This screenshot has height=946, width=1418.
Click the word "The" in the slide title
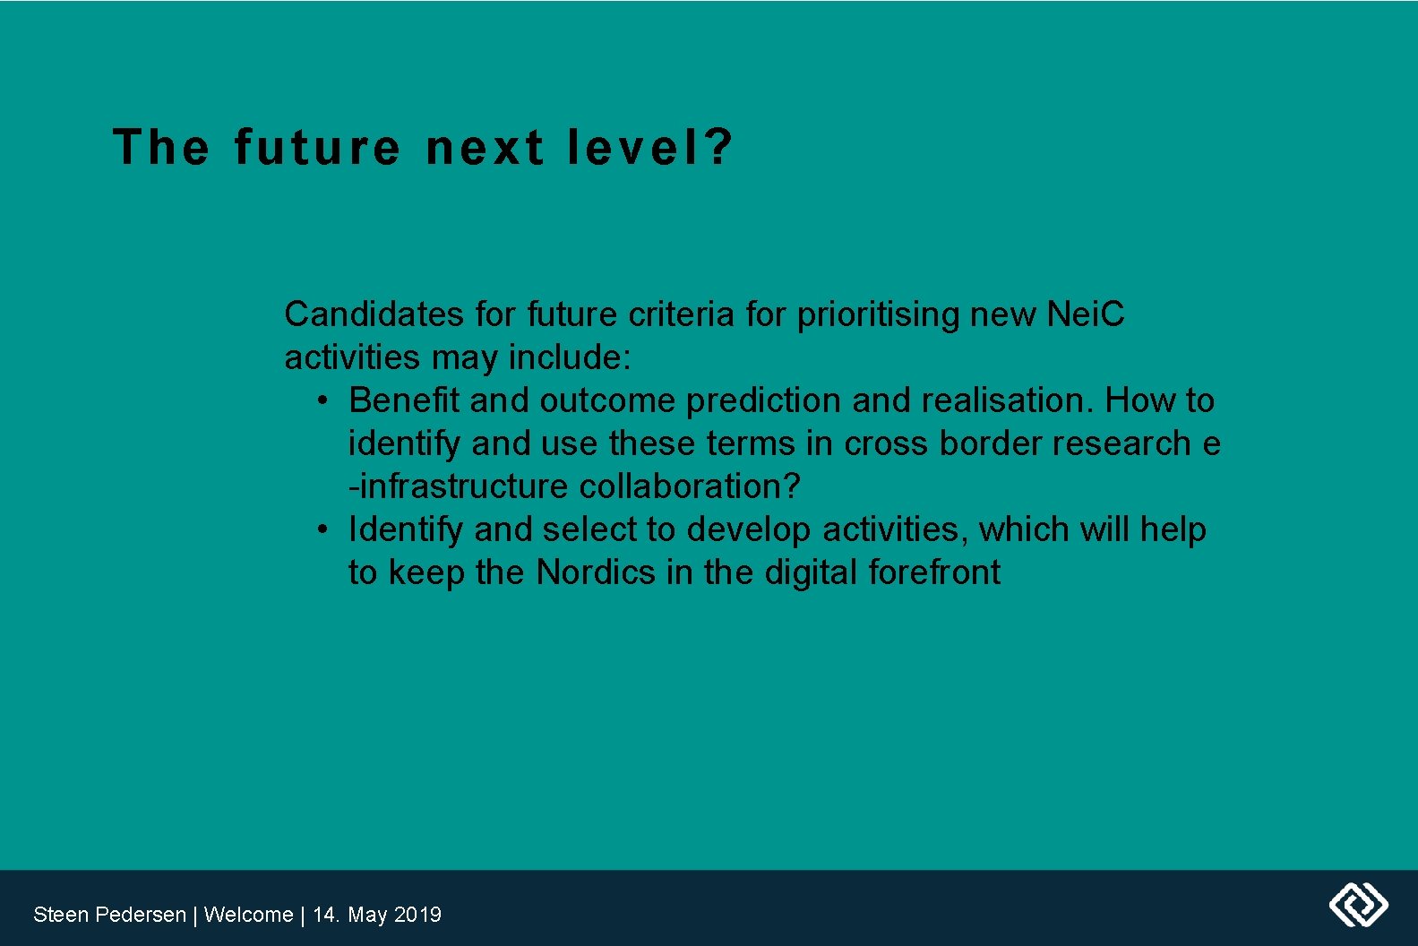(161, 148)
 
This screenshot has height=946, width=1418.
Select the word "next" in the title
(485, 148)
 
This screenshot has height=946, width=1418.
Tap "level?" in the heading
(650, 148)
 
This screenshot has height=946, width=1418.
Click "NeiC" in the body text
(1085, 314)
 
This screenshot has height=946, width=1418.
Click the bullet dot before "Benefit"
(322, 400)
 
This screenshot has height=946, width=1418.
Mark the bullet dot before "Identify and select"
(322, 529)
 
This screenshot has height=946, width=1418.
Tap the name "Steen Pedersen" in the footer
(109, 915)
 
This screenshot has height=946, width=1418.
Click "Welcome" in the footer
(248, 915)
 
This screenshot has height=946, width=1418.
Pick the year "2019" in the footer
(417, 915)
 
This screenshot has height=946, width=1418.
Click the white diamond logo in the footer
(1358, 905)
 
